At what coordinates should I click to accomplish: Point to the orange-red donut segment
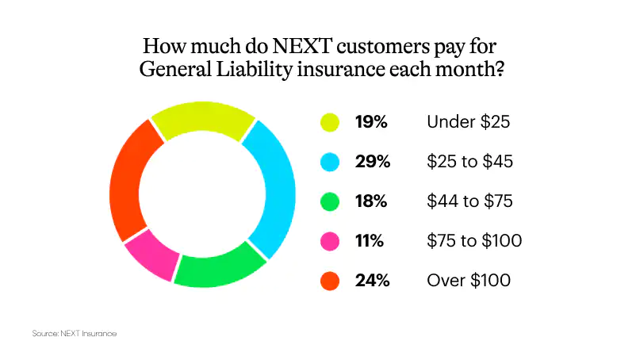(127, 182)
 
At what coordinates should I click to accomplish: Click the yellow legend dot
(330, 122)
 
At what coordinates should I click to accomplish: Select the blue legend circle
(330, 162)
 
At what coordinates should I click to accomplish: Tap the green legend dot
(330, 201)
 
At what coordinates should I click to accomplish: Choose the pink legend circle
(330, 241)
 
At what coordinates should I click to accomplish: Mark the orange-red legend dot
(330, 281)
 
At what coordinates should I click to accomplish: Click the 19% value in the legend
(371, 122)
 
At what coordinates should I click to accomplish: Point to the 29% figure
(373, 162)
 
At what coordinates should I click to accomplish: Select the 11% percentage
(370, 241)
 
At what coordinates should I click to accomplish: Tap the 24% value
(373, 281)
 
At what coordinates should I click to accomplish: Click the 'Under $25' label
(468, 122)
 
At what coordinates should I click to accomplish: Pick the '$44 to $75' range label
(469, 201)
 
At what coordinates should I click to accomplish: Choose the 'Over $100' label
(469, 281)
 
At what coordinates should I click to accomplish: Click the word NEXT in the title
(302, 46)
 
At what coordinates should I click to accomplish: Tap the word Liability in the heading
(254, 69)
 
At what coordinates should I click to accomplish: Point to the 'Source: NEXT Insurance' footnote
(75, 334)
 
